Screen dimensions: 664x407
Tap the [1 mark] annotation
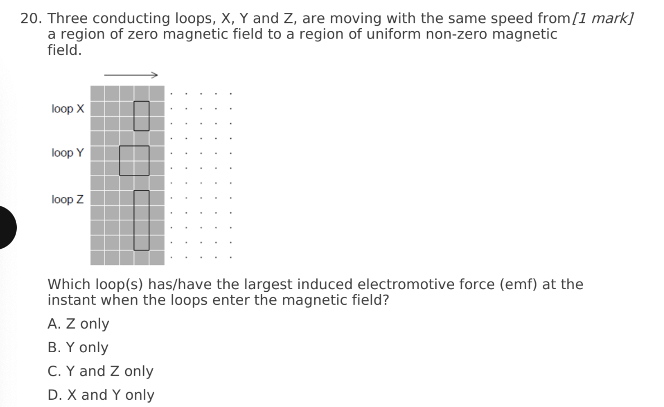coord(603,18)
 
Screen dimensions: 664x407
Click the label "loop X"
coord(68,109)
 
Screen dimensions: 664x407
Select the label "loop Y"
coord(68,153)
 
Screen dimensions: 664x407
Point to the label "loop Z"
coord(68,199)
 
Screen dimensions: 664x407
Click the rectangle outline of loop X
coord(134,116)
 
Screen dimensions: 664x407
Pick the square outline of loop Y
coord(120,160)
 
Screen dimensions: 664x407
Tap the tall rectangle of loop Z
coord(134,220)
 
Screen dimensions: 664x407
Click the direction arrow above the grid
coord(131,75)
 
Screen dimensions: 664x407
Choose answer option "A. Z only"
coord(78,324)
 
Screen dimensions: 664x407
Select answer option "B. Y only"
coord(78,347)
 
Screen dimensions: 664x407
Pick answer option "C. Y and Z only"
coord(101,371)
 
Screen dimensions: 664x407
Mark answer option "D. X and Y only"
coord(101,395)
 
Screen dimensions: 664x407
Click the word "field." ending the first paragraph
coord(64,50)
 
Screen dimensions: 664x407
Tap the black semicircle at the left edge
coord(6,228)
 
